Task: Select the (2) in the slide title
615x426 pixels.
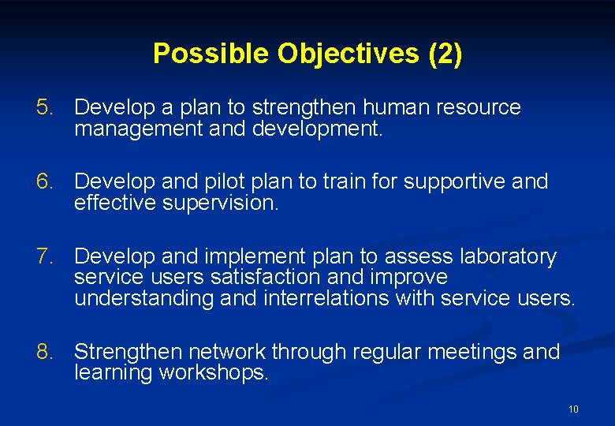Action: (445, 54)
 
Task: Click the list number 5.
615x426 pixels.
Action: (46, 107)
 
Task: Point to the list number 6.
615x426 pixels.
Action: (46, 182)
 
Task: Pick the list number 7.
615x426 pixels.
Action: (46, 257)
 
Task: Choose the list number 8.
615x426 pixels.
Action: (46, 352)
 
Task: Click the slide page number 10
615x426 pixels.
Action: (573, 409)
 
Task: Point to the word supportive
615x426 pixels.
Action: (456, 182)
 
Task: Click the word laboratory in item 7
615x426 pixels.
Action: (506, 257)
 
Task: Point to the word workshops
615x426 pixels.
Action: (214, 372)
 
